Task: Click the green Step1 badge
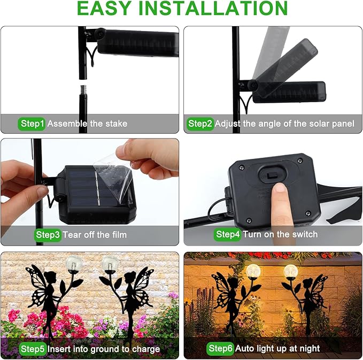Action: [32, 124]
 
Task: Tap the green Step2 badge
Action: [200, 124]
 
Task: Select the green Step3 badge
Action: [48, 235]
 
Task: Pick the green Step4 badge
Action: [228, 234]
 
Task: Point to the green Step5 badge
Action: [33, 349]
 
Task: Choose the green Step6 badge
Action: [220, 348]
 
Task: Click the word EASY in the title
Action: [104, 9]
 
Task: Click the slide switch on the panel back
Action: [272, 177]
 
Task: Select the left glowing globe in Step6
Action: [253, 272]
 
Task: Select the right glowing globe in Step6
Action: [290, 271]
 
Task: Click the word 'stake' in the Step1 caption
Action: [117, 124]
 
